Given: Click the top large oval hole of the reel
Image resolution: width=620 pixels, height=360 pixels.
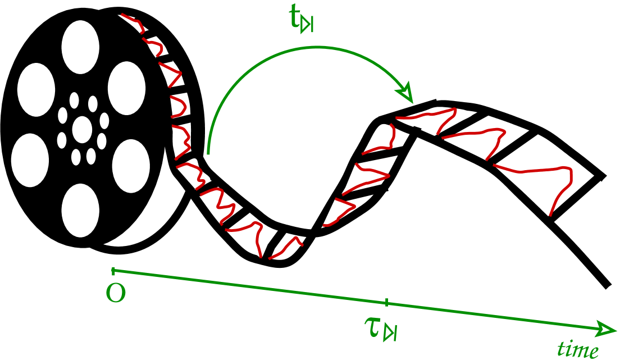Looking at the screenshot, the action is pyautogui.click(x=80, y=47).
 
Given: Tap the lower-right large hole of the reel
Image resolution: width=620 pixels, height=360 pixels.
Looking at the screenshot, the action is pyautogui.click(x=131, y=166).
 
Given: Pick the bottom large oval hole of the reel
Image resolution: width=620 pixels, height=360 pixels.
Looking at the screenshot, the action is pyautogui.click(x=80, y=210).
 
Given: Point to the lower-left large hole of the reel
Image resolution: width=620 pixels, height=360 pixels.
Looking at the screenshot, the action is pyautogui.click(x=30, y=160).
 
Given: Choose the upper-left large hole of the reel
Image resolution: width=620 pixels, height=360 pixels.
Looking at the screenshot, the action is pyautogui.click(x=37, y=90).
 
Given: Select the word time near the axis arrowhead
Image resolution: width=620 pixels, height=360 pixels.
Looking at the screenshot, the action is pyautogui.click(x=577, y=349).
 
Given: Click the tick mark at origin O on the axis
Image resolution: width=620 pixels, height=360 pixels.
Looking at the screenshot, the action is pyautogui.click(x=113, y=271).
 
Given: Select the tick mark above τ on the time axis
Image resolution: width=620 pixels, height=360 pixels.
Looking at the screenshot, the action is pyautogui.click(x=386, y=303).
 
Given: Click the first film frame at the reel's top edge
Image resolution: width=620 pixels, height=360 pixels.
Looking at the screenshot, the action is pyautogui.click(x=134, y=24).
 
